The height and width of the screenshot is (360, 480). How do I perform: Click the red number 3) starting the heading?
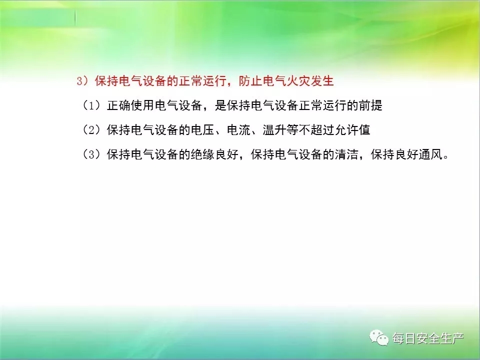(82, 81)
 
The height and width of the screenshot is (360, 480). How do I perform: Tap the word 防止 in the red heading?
(250, 81)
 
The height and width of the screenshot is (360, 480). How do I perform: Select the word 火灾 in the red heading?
(298, 81)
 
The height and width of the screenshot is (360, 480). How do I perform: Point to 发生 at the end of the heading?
(321, 81)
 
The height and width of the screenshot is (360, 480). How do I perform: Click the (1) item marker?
(91, 105)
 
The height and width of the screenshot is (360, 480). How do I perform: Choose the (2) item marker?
(91, 130)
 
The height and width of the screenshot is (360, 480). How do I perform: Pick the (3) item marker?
(91, 154)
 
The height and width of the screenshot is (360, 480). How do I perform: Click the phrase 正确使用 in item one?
(130, 105)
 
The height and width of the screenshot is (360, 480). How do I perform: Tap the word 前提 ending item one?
(370, 105)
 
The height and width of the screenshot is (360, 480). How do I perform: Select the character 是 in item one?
(220, 105)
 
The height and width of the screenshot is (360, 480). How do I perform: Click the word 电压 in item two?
(202, 130)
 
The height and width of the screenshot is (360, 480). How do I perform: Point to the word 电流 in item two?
(238, 130)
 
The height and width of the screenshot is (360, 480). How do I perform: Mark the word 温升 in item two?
(274, 130)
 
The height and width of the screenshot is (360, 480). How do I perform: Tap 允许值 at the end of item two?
(352, 130)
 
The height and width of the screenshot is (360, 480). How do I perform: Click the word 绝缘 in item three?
(202, 154)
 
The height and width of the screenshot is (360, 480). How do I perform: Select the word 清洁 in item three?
(346, 154)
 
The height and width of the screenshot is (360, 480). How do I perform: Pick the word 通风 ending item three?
(430, 154)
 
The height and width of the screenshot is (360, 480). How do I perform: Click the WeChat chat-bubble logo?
(379, 337)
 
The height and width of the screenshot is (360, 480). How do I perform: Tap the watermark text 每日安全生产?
(428, 338)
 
